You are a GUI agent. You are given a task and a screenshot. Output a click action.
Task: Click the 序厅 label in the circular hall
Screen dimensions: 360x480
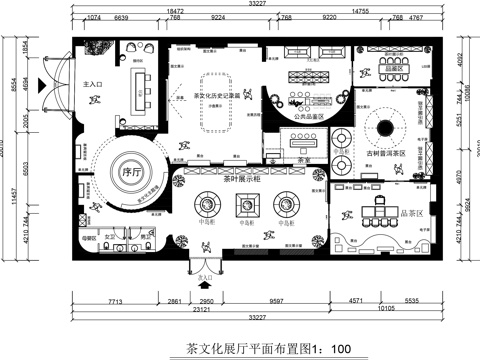point(128,170)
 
